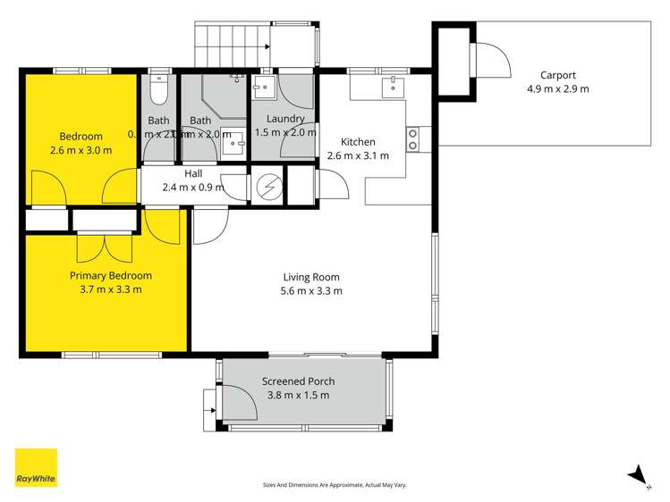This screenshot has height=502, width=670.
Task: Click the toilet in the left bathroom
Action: [158, 89]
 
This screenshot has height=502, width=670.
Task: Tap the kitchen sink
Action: [393, 87]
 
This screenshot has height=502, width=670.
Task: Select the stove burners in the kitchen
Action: [413, 138]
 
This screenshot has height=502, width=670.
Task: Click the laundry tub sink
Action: [264, 87]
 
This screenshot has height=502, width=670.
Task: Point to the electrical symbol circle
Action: [267, 187]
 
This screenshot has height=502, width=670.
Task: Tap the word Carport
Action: [557, 76]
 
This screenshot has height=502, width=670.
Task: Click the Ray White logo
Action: [36, 467]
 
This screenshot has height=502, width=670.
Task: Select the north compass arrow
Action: [637, 475]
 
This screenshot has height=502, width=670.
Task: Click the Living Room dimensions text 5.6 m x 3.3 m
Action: [312, 290]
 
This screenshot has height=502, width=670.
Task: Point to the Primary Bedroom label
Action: [111, 276]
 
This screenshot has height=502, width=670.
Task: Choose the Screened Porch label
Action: [295, 381]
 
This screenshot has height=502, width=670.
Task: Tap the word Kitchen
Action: [358, 142]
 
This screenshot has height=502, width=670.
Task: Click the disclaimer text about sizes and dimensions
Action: [334, 485]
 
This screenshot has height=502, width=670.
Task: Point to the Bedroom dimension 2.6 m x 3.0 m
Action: [81, 150]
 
